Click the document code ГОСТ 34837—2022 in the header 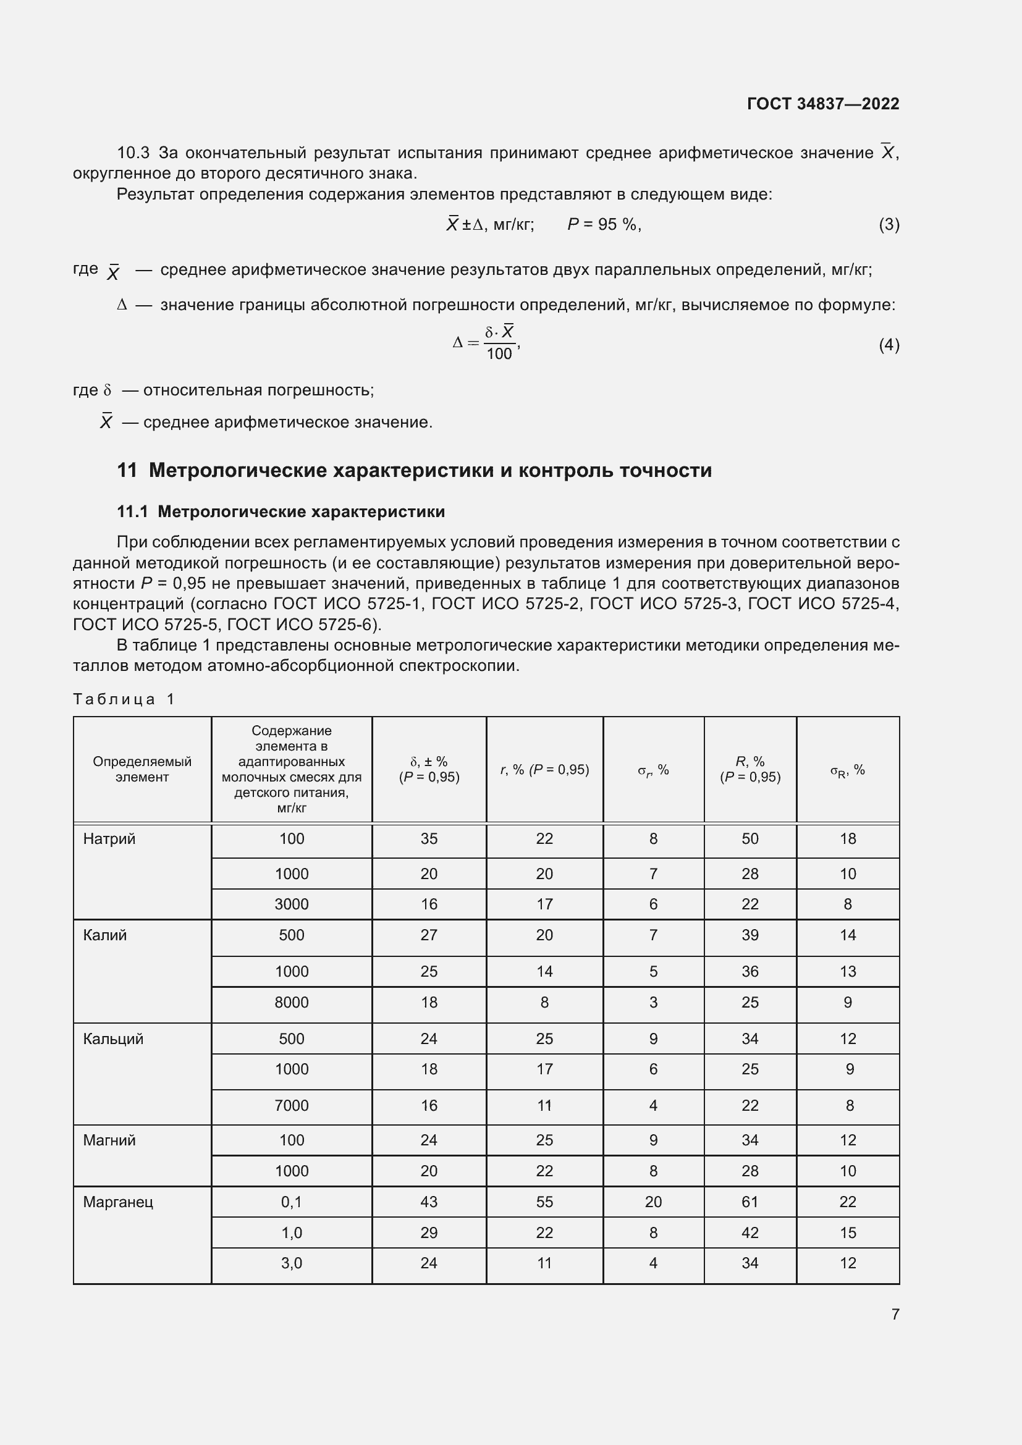[x=822, y=104]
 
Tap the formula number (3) [x=889, y=225]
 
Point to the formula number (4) [x=889, y=345]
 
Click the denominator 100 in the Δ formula [x=499, y=355]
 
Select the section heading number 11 [x=127, y=470]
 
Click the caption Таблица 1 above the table [x=124, y=699]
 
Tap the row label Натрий [x=109, y=839]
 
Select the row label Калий [x=104, y=935]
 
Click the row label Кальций [x=113, y=1039]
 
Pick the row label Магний [x=109, y=1140]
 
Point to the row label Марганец [x=117, y=1202]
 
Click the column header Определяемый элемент [x=142, y=769]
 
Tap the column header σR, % [x=847, y=770]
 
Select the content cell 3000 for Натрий [x=292, y=904]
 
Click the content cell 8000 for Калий [x=292, y=1003]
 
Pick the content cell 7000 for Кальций [x=292, y=1106]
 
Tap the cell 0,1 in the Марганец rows [x=292, y=1202]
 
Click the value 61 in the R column [x=750, y=1202]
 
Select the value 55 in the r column [x=544, y=1202]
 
